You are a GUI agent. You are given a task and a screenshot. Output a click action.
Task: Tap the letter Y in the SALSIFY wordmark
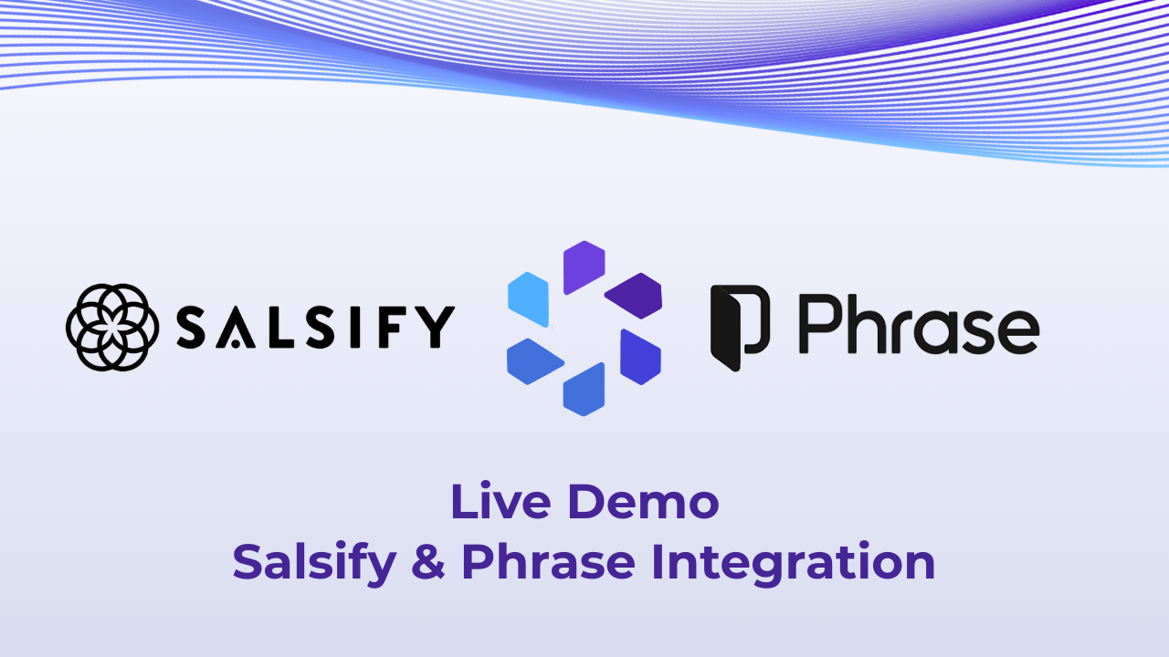tap(434, 328)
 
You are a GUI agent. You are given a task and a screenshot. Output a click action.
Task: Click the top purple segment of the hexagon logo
tap(584, 266)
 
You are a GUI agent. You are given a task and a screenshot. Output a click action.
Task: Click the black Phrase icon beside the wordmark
tap(739, 328)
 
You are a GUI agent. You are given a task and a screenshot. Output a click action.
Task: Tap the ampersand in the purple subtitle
tap(428, 562)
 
